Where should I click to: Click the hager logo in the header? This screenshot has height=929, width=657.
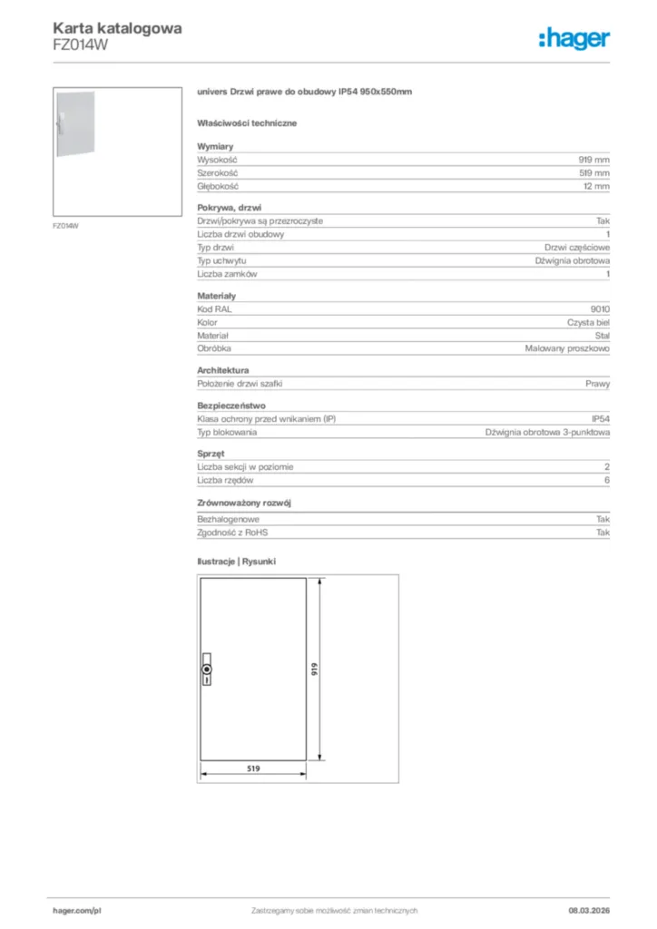574,38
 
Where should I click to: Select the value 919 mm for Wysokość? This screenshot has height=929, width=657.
594,159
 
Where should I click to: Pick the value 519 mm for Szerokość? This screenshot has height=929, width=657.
594,172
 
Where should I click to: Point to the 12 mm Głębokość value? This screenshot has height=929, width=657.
596,186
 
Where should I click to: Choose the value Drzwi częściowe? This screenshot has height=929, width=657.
577,248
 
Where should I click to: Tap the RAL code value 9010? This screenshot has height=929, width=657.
600,309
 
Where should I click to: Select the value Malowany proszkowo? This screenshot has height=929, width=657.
567,348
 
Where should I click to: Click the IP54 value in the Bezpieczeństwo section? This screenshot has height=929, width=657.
601,419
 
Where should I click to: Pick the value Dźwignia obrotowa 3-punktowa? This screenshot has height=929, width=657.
547,433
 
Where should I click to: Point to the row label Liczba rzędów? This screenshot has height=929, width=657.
225,481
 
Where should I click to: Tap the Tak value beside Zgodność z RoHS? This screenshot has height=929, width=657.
603,533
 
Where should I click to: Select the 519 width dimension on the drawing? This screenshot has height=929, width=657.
253,768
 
